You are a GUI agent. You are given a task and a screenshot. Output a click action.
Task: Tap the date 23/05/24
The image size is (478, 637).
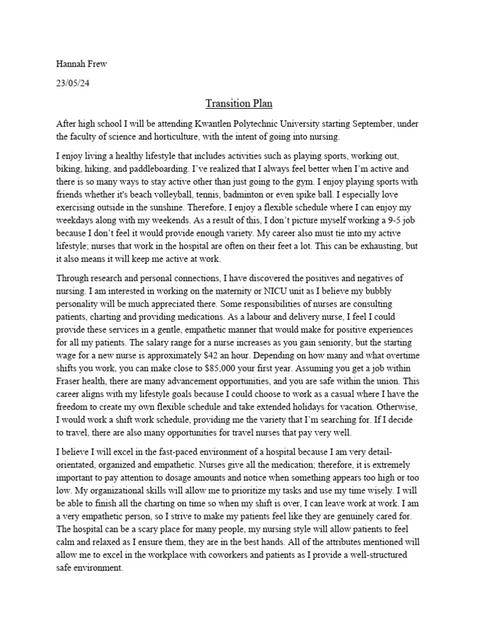pyautogui.click(x=73, y=82)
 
